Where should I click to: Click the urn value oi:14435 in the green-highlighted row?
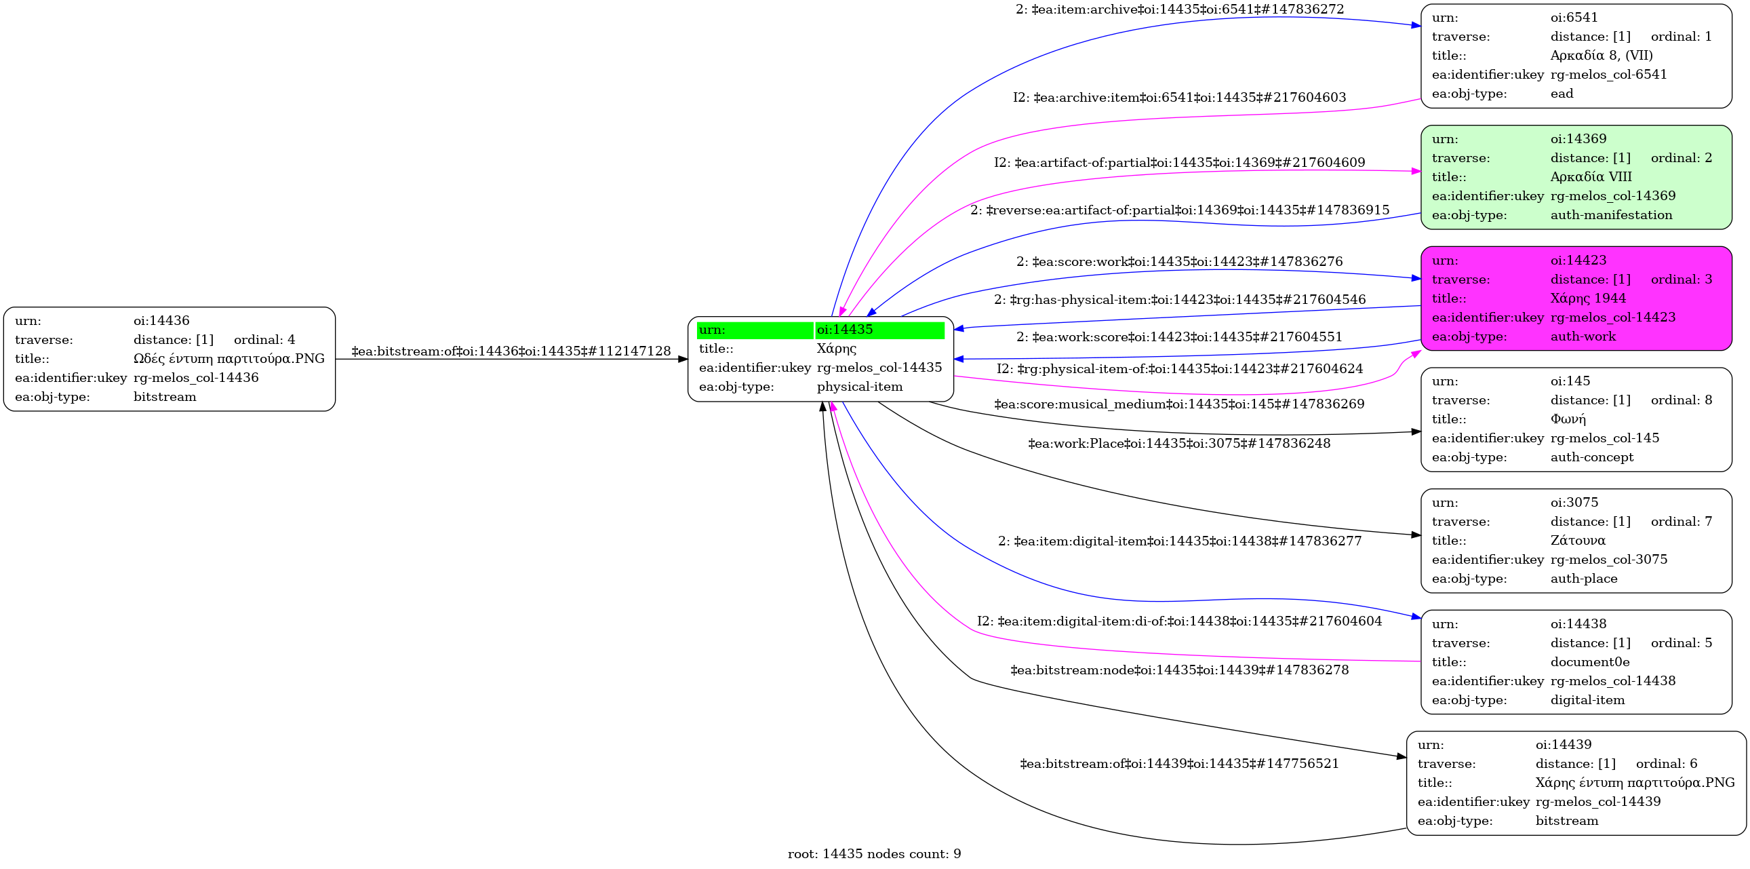pos(844,330)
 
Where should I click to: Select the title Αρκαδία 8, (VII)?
pos(1602,56)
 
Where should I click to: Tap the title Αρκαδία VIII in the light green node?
pos(1591,177)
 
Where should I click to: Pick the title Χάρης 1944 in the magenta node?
pos(1588,298)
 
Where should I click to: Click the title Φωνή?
pos(1568,419)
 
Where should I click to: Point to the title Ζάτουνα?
pos(1578,541)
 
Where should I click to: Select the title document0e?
pos(1590,663)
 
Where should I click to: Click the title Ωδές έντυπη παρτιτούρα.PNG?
pos(229,359)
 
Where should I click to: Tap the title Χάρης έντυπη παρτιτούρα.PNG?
pos(1635,783)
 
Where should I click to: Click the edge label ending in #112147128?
pos(511,351)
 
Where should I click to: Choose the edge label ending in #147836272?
pos(1179,9)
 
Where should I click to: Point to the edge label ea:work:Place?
pos(1178,444)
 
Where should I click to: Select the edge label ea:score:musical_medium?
pos(1178,404)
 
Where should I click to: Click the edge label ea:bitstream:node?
pos(1179,670)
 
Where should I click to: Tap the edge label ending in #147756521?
pos(1178,764)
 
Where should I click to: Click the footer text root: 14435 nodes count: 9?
pos(873,854)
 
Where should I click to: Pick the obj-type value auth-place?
pos(1584,579)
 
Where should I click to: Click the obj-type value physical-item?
pos(859,387)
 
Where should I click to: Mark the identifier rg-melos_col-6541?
pos(1608,75)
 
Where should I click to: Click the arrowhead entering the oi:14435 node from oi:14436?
pos(683,360)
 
